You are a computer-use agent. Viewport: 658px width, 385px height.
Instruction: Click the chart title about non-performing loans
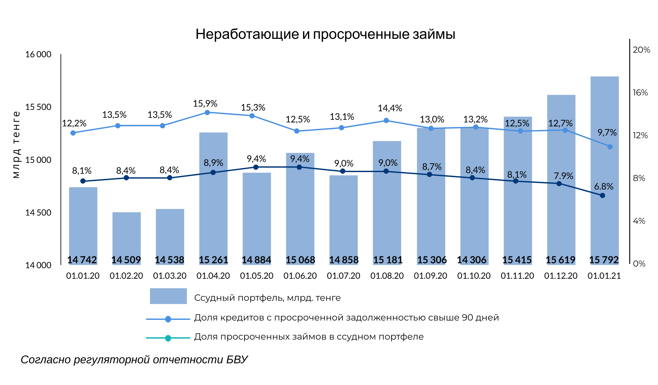(x=325, y=34)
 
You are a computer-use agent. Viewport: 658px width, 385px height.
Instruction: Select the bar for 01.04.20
(x=213, y=197)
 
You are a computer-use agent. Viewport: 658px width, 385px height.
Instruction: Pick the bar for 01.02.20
(x=126, y=237)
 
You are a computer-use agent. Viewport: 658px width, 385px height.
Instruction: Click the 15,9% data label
(x=205, y=104)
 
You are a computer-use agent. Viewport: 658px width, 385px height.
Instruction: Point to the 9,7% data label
(x=607, y=133)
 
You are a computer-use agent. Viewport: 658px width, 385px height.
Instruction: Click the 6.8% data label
(x=603, y=187)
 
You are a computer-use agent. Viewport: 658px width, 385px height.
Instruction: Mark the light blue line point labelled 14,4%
(x=386, y=120)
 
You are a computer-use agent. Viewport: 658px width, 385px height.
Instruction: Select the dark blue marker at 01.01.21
(x=602, y=195)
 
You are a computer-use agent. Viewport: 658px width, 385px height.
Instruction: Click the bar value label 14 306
(x=471, y=260)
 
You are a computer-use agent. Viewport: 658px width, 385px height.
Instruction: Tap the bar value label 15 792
(x=604, y=260)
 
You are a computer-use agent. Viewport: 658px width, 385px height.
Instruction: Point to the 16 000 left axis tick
(x=38, y=54)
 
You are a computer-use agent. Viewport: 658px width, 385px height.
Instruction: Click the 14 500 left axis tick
(x=38, y=213)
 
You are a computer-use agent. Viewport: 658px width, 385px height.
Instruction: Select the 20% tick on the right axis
(x=641, y=50)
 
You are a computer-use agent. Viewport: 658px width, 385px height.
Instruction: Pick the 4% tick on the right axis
(x=639, y=221)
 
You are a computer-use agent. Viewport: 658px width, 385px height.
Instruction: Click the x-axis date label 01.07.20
(x=343, y=276)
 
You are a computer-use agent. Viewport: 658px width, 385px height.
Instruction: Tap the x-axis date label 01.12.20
(x=561, y=276)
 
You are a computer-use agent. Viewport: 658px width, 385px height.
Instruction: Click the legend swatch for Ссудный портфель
(x=168, y=296)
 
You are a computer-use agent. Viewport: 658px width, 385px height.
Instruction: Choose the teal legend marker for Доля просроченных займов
(x=168, y=338)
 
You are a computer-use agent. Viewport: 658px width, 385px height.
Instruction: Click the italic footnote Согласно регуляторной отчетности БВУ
(x=134, y=360)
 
